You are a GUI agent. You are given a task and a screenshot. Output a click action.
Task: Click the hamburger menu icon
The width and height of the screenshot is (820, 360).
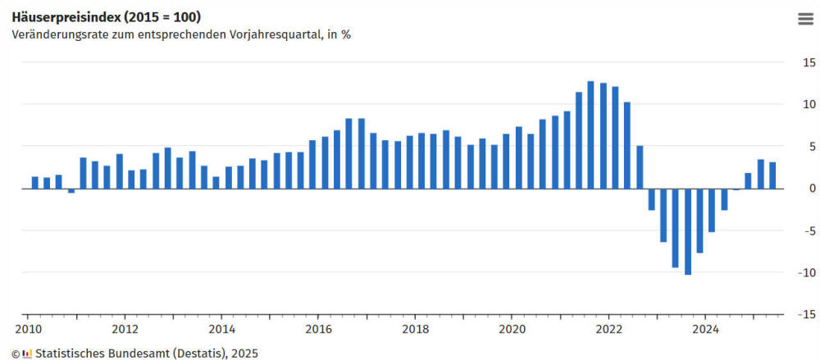804,20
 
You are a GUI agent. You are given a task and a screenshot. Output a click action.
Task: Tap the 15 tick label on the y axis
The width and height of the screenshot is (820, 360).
809,62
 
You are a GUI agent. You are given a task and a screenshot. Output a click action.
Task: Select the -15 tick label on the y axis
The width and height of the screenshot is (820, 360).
807,314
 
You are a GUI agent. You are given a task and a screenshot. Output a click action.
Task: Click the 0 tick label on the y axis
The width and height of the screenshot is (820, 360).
812,189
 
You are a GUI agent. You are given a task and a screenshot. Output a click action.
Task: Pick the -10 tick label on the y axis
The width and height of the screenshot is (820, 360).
807,272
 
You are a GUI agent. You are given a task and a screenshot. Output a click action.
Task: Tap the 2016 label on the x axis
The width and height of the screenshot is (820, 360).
318,330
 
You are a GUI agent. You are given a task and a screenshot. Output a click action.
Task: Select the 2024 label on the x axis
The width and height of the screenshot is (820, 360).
705,330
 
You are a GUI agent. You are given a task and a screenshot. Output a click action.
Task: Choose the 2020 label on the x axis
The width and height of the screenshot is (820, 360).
512,330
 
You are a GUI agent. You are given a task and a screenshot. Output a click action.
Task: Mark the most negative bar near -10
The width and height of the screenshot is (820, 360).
688,231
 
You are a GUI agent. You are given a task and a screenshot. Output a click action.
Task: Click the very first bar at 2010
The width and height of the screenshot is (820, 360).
35,182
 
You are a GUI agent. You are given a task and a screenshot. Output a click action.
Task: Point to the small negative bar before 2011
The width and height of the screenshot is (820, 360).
71,190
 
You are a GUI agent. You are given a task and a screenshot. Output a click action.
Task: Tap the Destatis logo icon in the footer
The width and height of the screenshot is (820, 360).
27,353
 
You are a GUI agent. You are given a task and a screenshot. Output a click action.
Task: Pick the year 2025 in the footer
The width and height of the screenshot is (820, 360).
244,353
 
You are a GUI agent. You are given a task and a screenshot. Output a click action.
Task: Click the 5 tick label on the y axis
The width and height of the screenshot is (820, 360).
812,146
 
